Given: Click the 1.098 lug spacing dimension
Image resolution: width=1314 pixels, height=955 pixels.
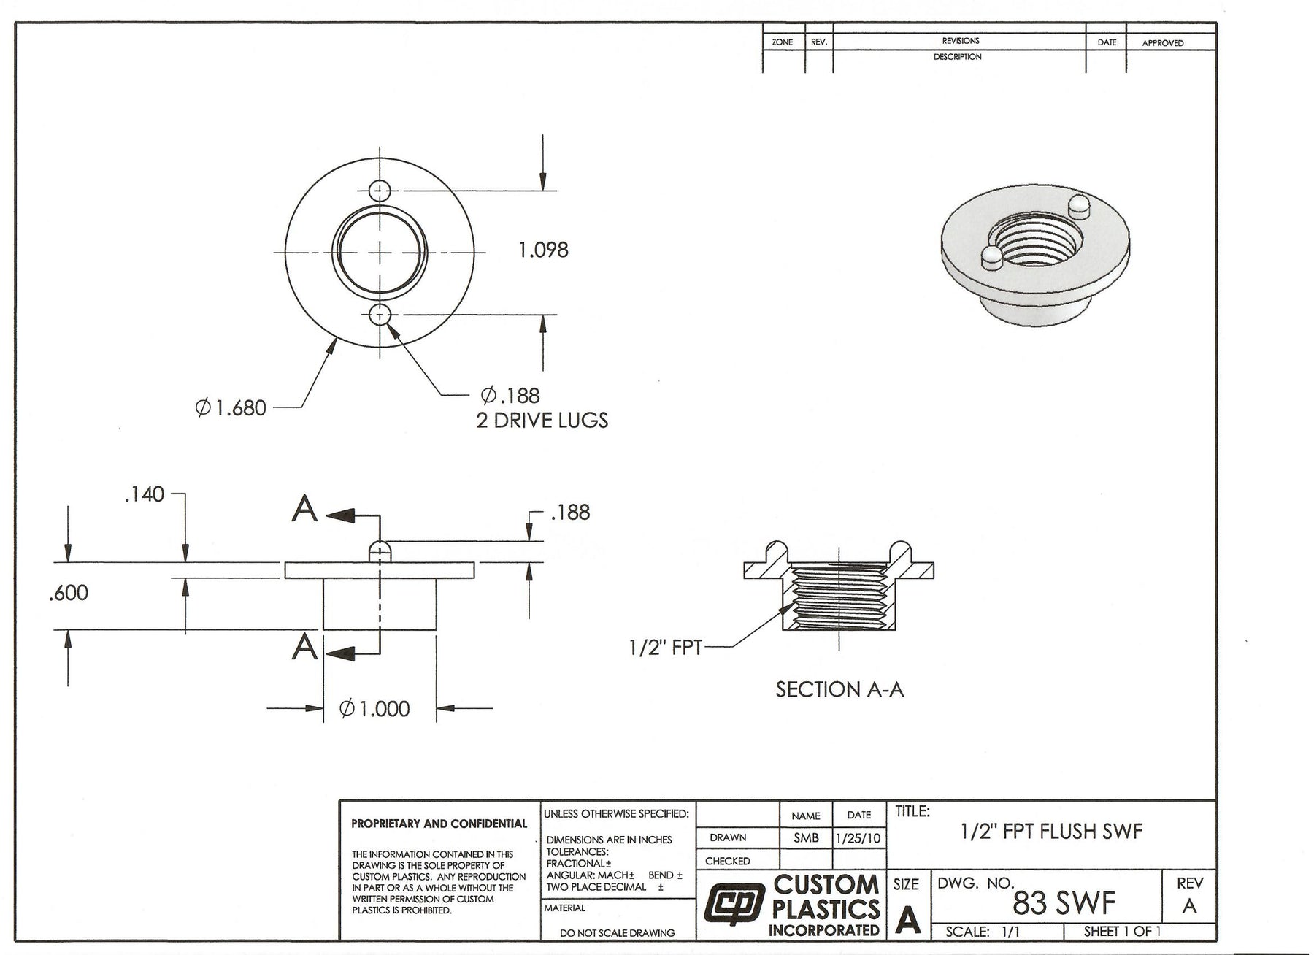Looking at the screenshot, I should [543, 250].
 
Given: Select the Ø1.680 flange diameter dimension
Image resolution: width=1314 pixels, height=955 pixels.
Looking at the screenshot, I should [231, 407].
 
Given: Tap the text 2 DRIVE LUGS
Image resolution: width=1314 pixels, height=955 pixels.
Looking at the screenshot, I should [542, 421].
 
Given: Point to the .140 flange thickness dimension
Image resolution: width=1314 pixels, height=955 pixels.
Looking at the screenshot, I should [145, 495].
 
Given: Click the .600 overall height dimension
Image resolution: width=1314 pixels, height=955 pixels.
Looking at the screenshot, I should [69, 593].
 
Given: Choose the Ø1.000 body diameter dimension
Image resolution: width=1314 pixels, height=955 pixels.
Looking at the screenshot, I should [375, 708].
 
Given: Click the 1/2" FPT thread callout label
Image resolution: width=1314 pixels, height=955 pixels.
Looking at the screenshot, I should [665, 648].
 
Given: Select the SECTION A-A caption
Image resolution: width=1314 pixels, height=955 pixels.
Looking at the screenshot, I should [839, 689].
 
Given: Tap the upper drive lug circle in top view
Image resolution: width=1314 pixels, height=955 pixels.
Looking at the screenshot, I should [380, 191].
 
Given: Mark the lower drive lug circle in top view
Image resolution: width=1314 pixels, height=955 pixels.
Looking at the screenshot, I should [380, 315].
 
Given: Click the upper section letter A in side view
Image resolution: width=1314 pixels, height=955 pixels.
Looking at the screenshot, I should [304, 509].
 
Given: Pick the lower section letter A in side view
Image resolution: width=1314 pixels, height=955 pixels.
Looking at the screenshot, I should [304, 647].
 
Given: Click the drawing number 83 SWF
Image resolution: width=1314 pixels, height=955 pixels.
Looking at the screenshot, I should [1064, 904].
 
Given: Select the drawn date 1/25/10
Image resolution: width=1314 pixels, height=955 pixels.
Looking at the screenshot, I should [858, 838].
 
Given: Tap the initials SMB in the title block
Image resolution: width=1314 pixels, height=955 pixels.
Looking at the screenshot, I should [806, 838].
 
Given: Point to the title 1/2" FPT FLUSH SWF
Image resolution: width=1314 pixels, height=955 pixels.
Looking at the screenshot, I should [1051, 831].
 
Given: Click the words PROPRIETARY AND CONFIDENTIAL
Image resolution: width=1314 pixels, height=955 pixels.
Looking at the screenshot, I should [439, 824].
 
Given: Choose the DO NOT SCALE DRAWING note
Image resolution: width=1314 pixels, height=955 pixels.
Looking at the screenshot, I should [617, 932].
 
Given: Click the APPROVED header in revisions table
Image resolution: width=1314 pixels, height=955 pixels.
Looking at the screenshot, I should [1162, 43].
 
